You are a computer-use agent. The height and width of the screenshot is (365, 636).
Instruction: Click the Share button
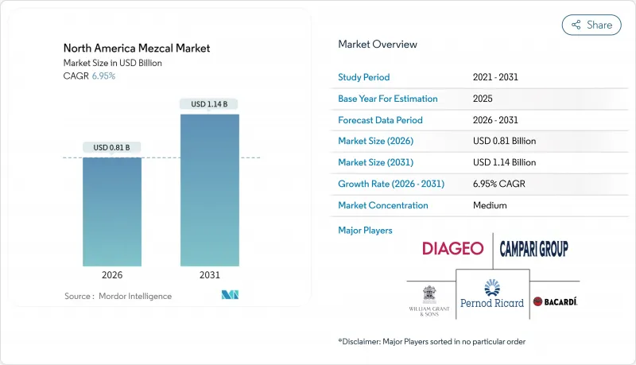[x=591, y=25]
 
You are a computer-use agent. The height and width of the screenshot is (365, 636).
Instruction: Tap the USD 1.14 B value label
[x=210, y=104]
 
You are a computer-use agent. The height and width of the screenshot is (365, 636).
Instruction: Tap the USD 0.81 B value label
[x=112, y=147]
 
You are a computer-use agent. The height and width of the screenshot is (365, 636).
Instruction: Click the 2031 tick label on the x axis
[x=210, y=275]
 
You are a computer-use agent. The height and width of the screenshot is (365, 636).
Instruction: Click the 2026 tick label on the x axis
[x=112, y=275]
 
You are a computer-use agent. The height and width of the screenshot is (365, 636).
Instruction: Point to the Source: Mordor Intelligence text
[x=118, y=296]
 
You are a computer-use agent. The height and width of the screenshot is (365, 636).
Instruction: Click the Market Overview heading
[x=378, y=44]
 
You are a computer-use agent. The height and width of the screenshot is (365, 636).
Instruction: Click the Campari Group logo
[x=533, y=249]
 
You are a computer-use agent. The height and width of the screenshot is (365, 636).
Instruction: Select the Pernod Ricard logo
[x=492, y=293]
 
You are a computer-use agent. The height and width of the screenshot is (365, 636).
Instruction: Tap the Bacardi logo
[x=555, y=301]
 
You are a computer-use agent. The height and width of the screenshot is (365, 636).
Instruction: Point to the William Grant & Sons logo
[x=429, y=298]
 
